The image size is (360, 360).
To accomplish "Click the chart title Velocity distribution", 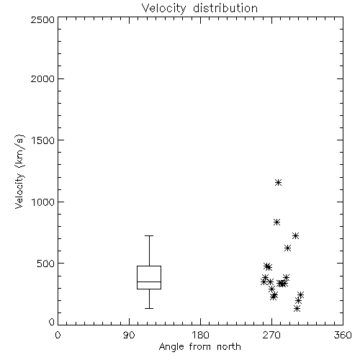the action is click(199, 9).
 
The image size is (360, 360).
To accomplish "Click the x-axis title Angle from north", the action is click(199, 346).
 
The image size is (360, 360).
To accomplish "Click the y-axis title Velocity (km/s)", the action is click(20, 171).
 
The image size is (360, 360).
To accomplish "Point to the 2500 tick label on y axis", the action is click(43, 19).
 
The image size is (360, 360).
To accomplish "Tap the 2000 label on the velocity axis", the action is click(43, 78).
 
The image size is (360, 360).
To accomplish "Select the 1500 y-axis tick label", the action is click(43, 140).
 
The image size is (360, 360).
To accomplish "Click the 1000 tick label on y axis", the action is click(43, 202).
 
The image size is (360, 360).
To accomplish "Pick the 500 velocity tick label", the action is click(46, 264).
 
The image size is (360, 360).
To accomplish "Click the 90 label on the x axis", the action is click(129, 335).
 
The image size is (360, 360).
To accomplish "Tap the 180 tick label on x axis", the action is click(200, 335).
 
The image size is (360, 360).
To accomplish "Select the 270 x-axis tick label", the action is click(271, 335).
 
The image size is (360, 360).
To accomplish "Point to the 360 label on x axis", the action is click(343, 335).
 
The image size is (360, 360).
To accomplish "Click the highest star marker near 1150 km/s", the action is click(278, 183).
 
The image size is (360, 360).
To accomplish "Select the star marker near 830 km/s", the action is click(277, 222).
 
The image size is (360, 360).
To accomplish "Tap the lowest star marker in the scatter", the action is click(297, 309).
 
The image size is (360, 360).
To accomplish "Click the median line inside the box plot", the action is click(149, 282).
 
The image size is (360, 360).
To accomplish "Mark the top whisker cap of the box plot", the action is click(149, 236).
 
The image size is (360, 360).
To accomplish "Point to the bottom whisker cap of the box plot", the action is click(149, 308).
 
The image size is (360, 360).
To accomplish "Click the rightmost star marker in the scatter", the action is click(300, 294).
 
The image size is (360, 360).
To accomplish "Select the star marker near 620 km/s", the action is click(288, 248).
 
